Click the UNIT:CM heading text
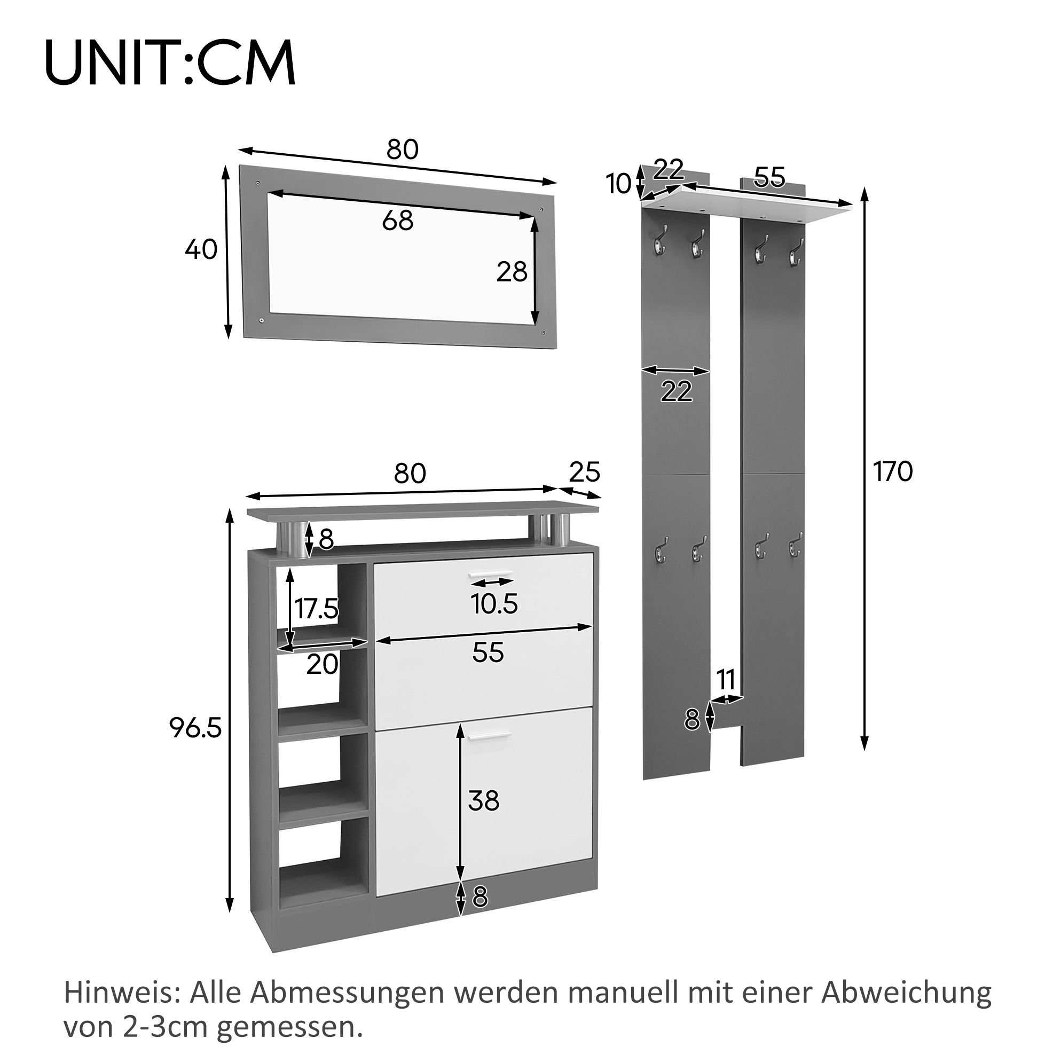coord(170,62)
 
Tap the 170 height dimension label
coord(893,472)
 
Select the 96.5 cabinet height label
coord(195,727)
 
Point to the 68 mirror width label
coord(398,221)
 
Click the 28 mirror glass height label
coord(512,272)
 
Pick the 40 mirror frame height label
coord(201,250)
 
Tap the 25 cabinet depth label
coord(585,473)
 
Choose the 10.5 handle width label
coord(494,604)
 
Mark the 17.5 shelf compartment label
coord(317,609)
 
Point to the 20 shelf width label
coord(323,664)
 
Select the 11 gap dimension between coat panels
coord(726,680)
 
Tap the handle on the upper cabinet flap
coord(491,574)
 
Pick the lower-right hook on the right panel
coord(795,548)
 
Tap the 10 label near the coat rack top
coord(619,184)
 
